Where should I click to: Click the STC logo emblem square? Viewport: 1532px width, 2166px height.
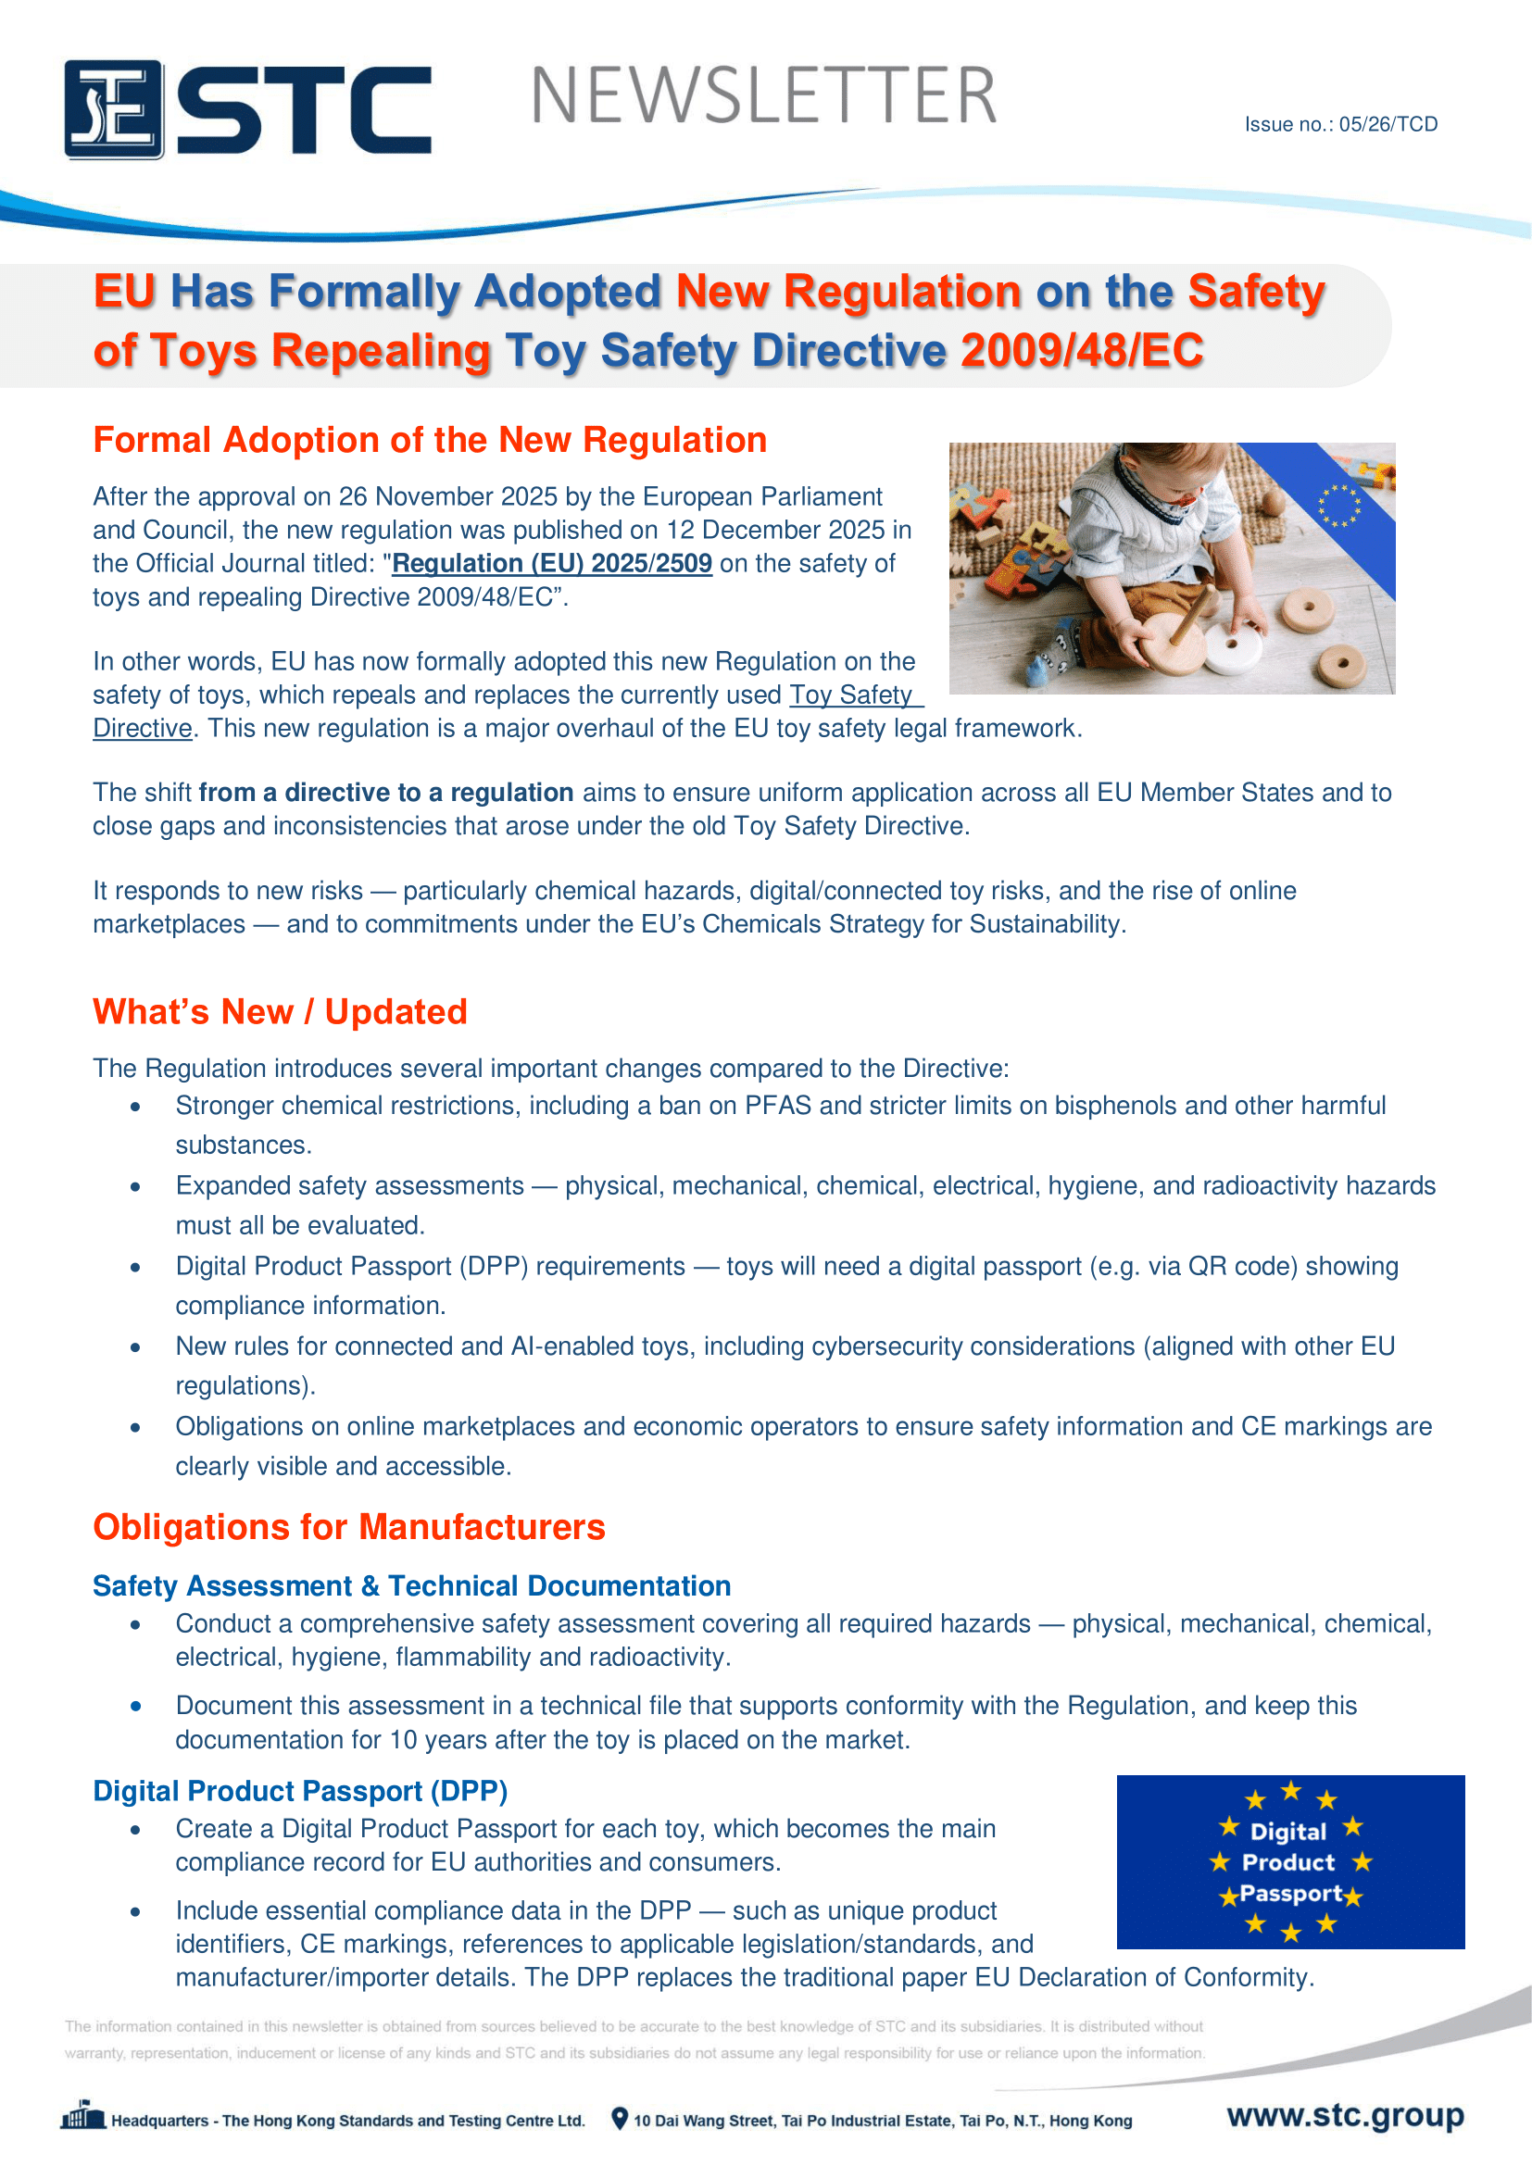pos(114,109)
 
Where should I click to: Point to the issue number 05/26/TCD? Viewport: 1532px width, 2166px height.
pos(1388,124)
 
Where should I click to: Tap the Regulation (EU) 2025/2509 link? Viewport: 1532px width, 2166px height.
pos(552,563)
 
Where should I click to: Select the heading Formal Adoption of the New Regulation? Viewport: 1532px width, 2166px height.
pos(429,441)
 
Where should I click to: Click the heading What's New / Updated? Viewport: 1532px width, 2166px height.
pos(279,1011)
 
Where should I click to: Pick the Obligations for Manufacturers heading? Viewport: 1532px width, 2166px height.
pos(349,1527)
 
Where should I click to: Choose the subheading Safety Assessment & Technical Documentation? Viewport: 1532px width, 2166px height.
pos(411,1585)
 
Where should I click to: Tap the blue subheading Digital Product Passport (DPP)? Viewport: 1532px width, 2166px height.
pos(300,1791)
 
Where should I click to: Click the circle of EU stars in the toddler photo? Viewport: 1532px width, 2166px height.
pos(1338,506)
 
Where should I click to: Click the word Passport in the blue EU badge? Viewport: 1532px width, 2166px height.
pos(1290,1894)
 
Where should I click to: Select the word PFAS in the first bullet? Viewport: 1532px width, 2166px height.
pos(777,1106)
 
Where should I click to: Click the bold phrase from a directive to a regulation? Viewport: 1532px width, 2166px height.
pos(386,793)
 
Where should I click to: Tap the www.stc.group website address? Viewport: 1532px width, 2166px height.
pos(1345,2114)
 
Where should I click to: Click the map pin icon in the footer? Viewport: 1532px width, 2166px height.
pos(619,2119)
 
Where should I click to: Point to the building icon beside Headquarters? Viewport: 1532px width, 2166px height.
pos(83,2116)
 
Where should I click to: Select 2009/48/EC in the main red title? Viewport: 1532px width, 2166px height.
pos(1082,351)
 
